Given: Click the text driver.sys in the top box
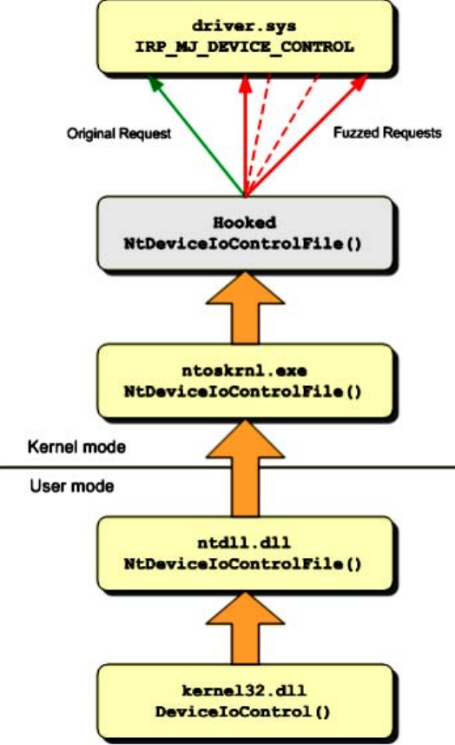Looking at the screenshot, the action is pyautogui.click(x=244, y=25).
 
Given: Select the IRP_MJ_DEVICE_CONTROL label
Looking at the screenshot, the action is pyautogui.click(x=244, y=47).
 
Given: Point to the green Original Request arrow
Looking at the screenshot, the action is pyautogui.click(x=197, y=136).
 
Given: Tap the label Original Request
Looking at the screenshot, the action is pyautogui.click(x=119, y=134).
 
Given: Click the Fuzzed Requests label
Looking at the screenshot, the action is pyautogui.click(x=387, y=132).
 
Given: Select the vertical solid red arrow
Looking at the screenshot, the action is pyautogui.click(x=245, y=136).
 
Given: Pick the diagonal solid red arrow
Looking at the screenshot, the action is pyautogui.click(x=307, y=136).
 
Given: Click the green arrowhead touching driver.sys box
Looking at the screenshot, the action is pyautogui.click(x=155, y=83).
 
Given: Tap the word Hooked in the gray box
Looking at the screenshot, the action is pyautogui.click(x=244, y=223).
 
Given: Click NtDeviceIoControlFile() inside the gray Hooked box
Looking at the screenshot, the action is pyautogui.click(x=243, y=243).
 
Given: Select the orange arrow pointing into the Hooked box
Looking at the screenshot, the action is pyautogui.click(x=245, y=308).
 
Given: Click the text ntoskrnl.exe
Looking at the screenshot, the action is pyautogui.click(x=244, y=370).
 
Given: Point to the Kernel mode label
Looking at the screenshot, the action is pyautogui.click(x=76, y=447).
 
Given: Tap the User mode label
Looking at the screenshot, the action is pyautogui.click(x=72, y=486).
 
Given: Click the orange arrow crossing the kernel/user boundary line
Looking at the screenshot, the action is pyautogui.click(x=245, y=469).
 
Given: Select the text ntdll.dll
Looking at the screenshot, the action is pyautogui.click(x=244, y=542).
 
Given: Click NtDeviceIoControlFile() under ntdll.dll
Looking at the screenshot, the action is pyautogui.click(x=243, y=564).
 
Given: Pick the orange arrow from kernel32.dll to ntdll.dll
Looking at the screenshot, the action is pyautogui.click(x=245, y=629).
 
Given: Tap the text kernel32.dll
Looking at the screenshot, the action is pyautogui.click(x=244, y=690).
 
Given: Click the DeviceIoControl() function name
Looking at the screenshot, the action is pyautogui.click(x=242, y=712).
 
